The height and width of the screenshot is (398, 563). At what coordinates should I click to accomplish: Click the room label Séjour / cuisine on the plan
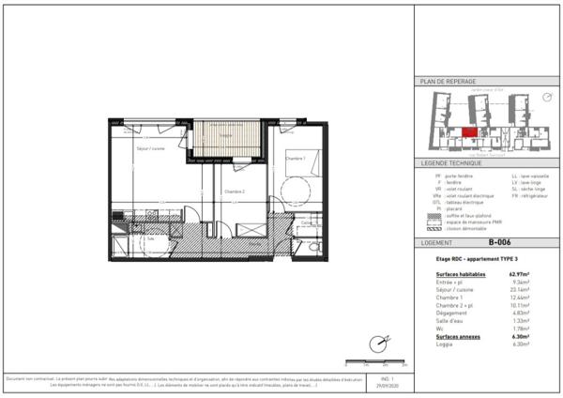[151, 149]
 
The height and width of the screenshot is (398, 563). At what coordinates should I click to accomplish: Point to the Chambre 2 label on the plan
[235, 191]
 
